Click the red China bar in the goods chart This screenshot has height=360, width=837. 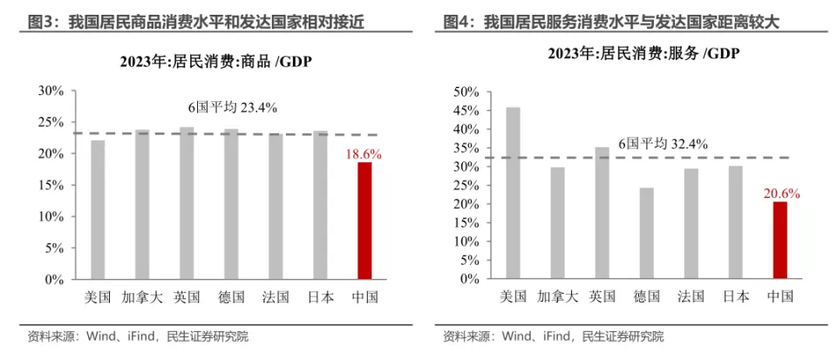(x=364, y=221)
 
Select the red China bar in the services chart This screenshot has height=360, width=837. (x=779, y=240)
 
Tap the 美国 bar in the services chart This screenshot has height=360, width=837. (x=514, y=193)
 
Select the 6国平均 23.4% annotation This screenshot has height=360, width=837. (x=233, y=107)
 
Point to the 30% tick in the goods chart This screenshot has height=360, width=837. (x=50, y=91)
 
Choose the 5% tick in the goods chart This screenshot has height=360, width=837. (x=53, y=248)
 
